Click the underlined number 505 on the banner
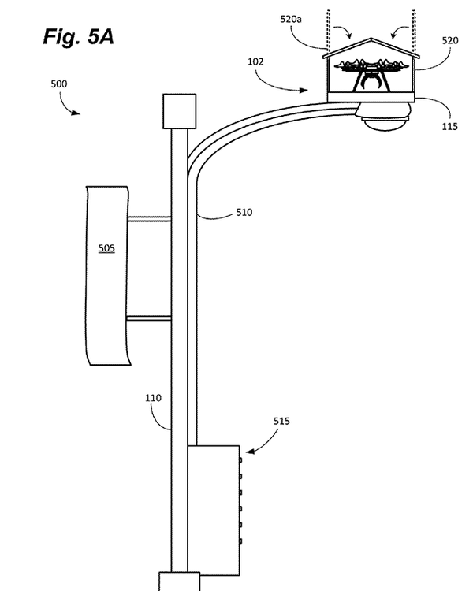(106, 248)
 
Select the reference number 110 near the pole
(153, 399)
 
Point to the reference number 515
(281, 422)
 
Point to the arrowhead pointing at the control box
(250, 452)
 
